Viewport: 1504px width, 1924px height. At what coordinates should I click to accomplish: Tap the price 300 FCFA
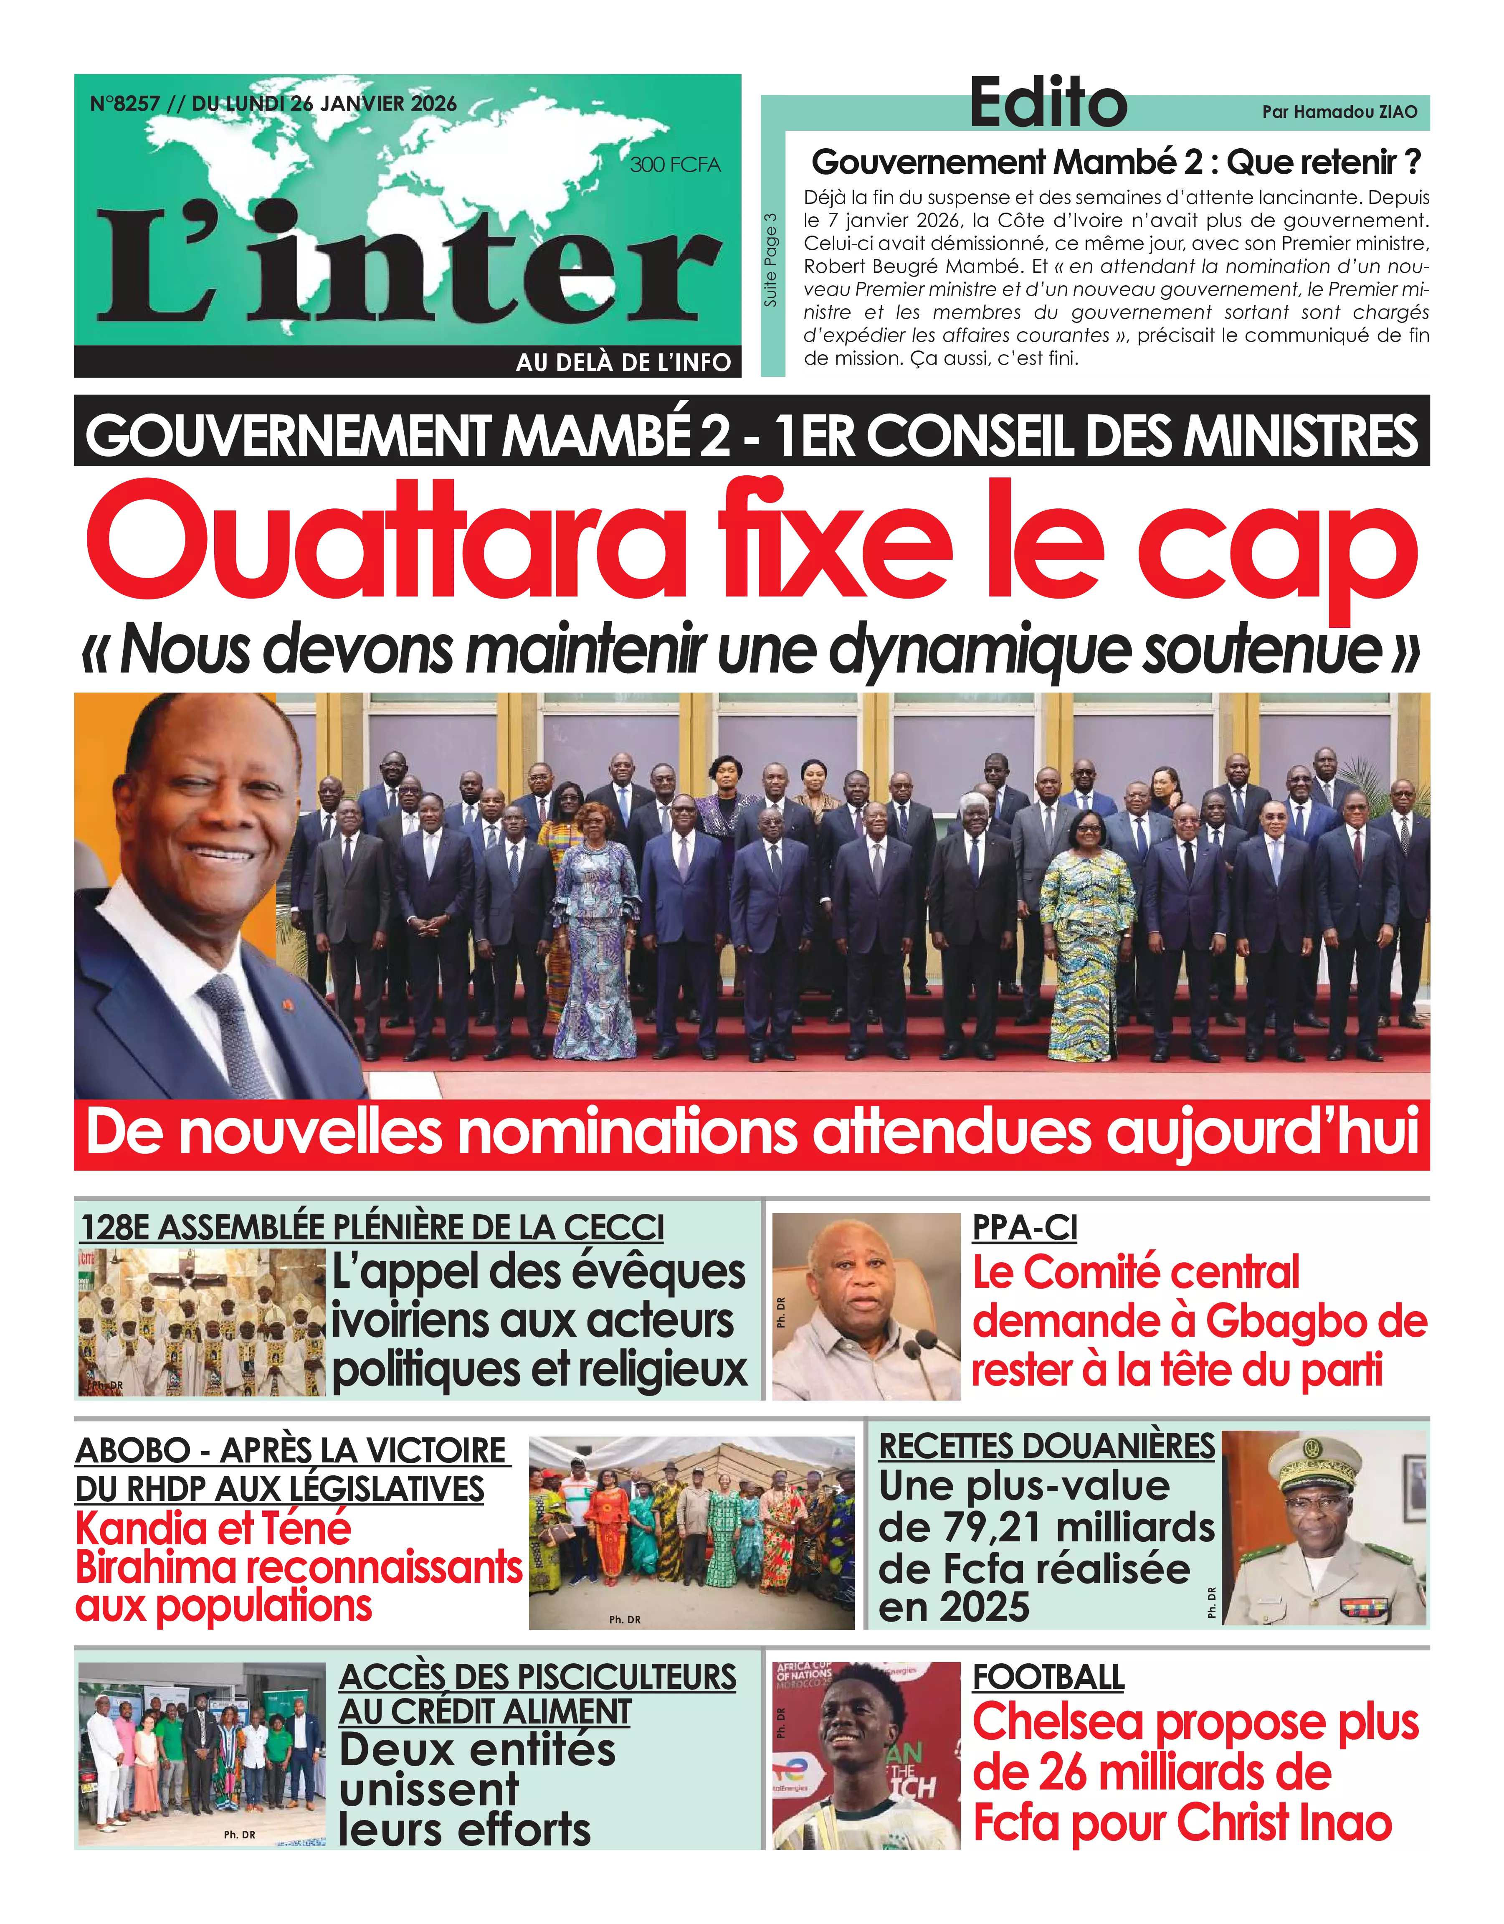[674, 165]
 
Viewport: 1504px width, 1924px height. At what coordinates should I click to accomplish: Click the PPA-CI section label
[1024, 1227]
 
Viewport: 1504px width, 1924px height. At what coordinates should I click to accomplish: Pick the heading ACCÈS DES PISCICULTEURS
[537, 1676]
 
